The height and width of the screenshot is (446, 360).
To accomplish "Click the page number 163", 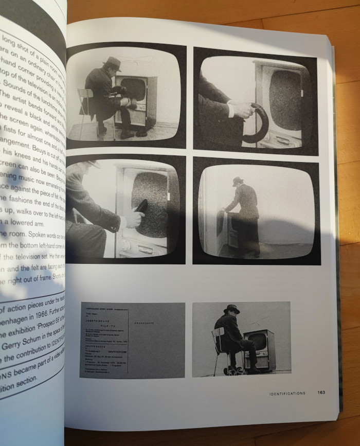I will [x=321, y=393].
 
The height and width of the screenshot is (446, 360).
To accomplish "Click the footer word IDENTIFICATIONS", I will [x=287, y=393].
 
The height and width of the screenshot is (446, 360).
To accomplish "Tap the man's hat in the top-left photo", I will [x=112, y=62].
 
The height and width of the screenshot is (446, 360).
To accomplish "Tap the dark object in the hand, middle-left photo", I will [x=140, y=207].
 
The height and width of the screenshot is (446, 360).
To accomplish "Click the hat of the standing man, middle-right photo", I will [x=238, y=182].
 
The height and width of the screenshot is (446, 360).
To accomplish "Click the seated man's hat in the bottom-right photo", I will [x=232, y=309].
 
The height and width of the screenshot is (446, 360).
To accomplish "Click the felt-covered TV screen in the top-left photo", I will [x=133, y=88].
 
